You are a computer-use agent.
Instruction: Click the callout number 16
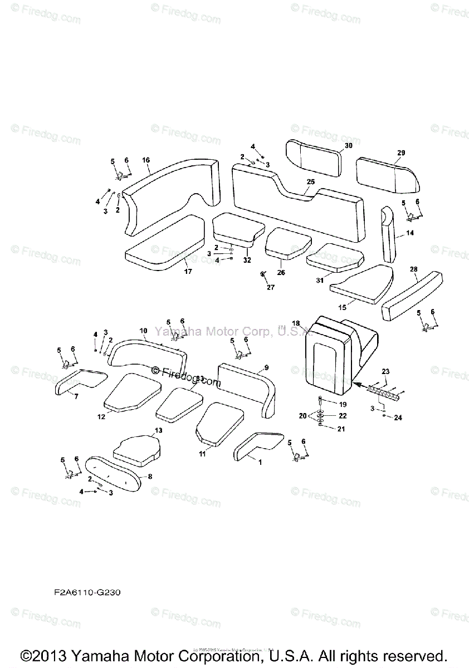pyautogui.click(x=146, y=160)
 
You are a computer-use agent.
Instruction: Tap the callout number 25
pyautogui.click(x=310, y=182)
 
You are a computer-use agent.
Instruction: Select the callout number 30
pyautogui.click(x=349, y=146)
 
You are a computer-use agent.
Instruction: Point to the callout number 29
pyautogui.click(x=401, y=153)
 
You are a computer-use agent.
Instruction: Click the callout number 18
pyautogui.click(x=296, y=323)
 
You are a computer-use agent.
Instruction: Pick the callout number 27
pyautogui.click(x=271, y=287)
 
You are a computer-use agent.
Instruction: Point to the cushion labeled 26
pyautogui.click(x=288, y=244)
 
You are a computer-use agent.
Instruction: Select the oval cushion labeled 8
pyautogui.click(x=114, y=476)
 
